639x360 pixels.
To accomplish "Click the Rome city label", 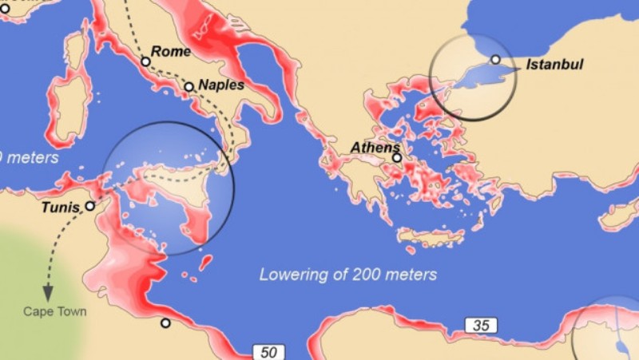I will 171,52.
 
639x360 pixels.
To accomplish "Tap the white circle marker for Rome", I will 145,61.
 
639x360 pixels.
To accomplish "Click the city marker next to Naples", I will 189,87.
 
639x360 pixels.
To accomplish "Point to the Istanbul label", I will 554,64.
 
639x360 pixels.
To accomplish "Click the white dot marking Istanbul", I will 495,59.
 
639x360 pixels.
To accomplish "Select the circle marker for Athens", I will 397,158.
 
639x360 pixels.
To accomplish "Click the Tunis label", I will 61,209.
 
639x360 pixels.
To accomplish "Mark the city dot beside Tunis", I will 90,205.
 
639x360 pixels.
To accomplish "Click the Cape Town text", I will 54,311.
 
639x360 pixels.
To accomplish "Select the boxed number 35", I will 482,325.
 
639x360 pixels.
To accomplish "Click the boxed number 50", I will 268,352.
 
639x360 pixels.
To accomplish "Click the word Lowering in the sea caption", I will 289,275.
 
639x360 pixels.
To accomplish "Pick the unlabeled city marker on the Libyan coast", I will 165,323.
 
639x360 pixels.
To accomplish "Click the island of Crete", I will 431,237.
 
